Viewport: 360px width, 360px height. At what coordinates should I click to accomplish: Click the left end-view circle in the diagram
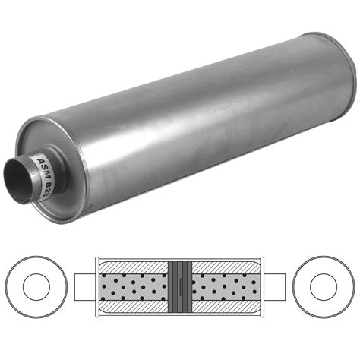click(35, 288)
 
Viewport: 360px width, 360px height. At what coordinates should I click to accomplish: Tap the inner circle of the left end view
click(35, 288)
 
